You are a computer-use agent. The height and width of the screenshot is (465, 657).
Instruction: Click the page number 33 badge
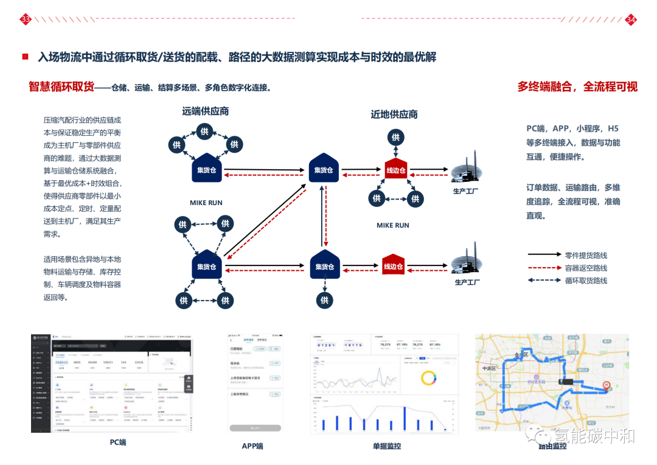(26, 20)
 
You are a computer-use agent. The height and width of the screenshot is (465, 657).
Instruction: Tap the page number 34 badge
(631, 20)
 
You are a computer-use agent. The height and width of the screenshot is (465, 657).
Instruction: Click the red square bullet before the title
(25, 57)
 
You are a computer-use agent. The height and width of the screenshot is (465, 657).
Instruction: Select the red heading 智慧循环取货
(61, 86)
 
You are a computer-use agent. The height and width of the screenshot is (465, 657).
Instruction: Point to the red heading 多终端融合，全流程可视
(577, 86)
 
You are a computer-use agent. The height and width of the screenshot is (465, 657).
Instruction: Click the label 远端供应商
(206, 111)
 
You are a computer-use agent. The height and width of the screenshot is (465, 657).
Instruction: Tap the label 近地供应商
(394, 114)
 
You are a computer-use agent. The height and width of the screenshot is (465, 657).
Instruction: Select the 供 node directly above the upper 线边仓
(395, 138)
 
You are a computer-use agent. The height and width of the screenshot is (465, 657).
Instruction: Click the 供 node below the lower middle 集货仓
(324, 299)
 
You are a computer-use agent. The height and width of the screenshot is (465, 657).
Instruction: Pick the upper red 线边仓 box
(395, 169)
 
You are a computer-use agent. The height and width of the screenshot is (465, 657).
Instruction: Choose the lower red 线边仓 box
(394, 265)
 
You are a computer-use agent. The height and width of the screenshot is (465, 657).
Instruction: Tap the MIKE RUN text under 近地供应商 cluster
(393, 225)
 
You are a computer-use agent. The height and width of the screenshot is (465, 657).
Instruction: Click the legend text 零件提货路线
(586, 255)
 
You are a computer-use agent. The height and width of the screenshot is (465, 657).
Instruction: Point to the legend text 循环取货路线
(586, 281)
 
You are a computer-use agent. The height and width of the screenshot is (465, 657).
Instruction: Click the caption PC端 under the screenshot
(118, 442)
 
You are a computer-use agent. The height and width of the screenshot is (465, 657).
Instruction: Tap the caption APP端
(252, 446)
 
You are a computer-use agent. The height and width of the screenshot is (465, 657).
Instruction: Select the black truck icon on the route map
(568, 382)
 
